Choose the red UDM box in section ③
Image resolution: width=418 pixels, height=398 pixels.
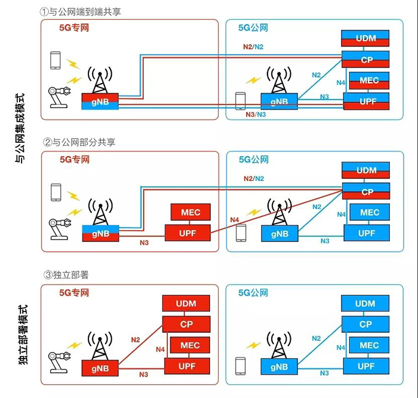click(186, 304)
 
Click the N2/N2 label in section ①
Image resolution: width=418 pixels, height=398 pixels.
click(253, 47)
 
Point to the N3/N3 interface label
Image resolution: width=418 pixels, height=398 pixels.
click(256, 114)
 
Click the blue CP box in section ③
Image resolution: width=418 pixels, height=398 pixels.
click(365, 324)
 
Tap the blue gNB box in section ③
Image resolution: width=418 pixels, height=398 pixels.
click(278, 366)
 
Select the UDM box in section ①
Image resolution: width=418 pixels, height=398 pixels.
click(365, 38)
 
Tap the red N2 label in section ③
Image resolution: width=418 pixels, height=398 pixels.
click(136, 340)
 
